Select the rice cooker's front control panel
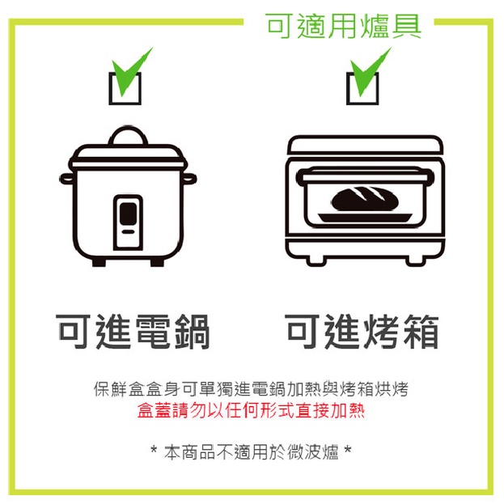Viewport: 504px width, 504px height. tap(127, 222)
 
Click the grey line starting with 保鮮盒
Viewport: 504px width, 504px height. tap(252, 388)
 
